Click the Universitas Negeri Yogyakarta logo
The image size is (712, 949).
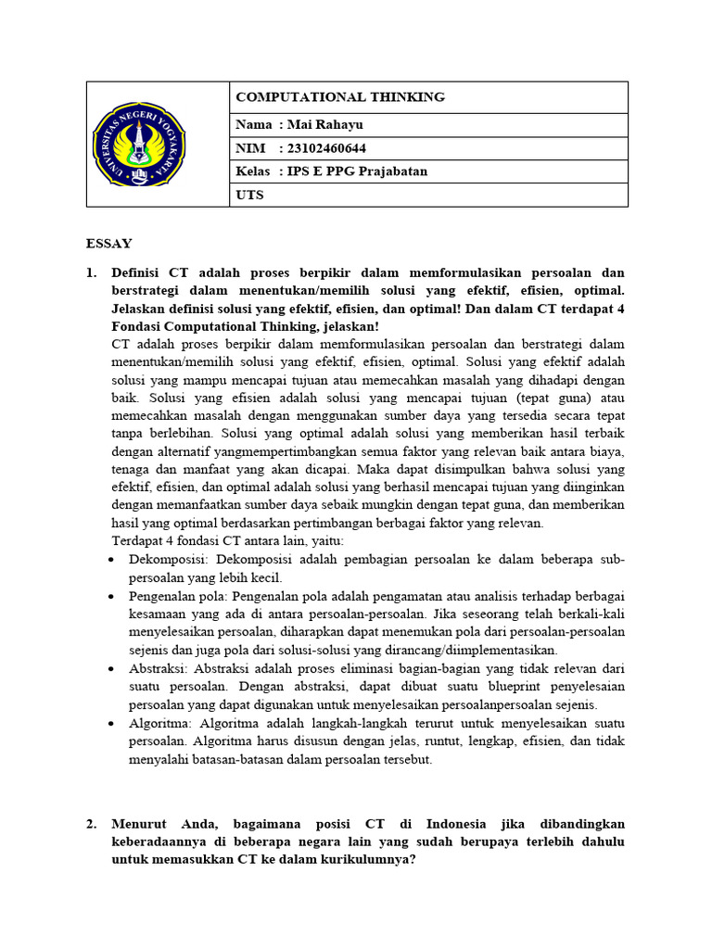click(139, 144)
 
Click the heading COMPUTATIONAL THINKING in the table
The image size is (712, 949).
click(340, 96)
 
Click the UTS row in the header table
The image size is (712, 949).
click(250, 195)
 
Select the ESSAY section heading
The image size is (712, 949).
click(109, 244)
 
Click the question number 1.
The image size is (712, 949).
click(92, 272)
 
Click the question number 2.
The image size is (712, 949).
click(92, 823)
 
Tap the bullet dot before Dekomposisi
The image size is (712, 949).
click(111, 560)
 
